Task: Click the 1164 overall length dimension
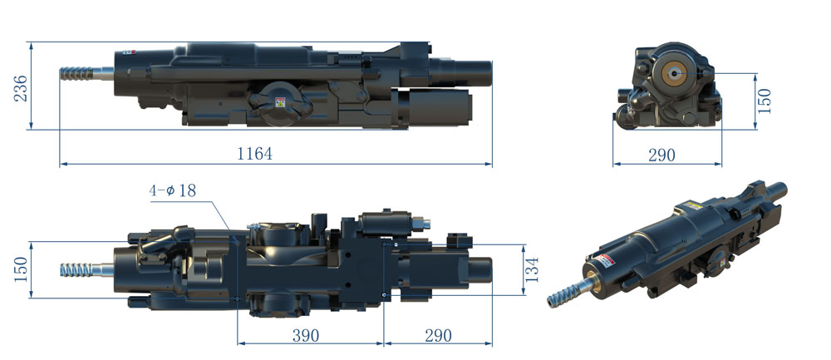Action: click(254, 154)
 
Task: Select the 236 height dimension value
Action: click(20, 88)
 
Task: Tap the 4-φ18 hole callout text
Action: click(173, 190)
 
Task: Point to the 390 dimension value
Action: click(306, 335)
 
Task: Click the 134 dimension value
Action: click(532, 269)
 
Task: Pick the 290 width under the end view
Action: click(662, 155)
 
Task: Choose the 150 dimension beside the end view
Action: click(765, 101)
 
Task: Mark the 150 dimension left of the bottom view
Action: click(21, 269)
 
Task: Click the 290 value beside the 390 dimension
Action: click(438, 335)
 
